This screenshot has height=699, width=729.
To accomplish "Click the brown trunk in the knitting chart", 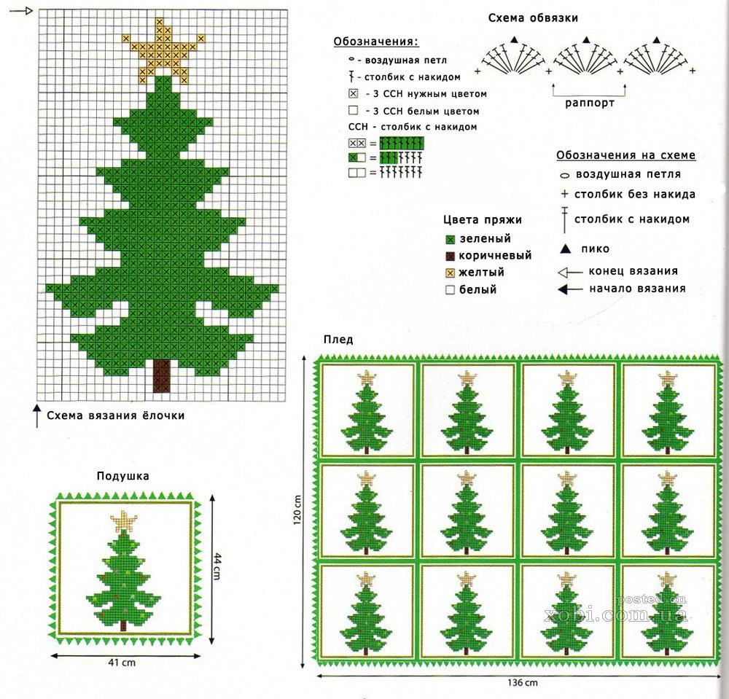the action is [162, 376].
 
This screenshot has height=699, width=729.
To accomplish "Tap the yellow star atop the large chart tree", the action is [163, 52].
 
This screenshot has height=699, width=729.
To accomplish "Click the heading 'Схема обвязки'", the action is [533, 18].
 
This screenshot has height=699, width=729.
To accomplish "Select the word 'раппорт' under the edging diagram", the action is [590, 103].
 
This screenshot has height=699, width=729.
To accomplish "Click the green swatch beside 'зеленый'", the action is [450, 239].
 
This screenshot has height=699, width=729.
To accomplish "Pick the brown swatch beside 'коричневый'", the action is [450, 256].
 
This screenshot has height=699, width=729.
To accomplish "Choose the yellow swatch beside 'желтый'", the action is [450, 273].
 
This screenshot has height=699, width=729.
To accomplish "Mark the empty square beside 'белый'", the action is [450, 290].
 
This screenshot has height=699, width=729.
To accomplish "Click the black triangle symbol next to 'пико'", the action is [566, 249].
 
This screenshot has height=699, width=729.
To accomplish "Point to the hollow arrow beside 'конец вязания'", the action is [570, 273].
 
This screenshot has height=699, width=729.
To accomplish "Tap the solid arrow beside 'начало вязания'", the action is [570, 289].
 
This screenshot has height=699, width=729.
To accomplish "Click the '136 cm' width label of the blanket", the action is [523, 683].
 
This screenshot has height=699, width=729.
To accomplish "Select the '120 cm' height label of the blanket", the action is [297, 509].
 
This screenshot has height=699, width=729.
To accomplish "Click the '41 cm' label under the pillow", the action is [122, 663].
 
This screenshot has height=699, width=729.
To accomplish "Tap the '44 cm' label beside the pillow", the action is [217, 566].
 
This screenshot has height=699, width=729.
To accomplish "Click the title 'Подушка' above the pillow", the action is [122, 476].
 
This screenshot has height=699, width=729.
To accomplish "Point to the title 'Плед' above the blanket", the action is [338, 340].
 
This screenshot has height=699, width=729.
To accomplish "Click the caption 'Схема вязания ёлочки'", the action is [116, 415].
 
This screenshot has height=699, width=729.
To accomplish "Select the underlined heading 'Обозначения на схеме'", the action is [625, 155].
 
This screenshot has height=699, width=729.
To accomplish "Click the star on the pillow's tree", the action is [124, 521].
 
